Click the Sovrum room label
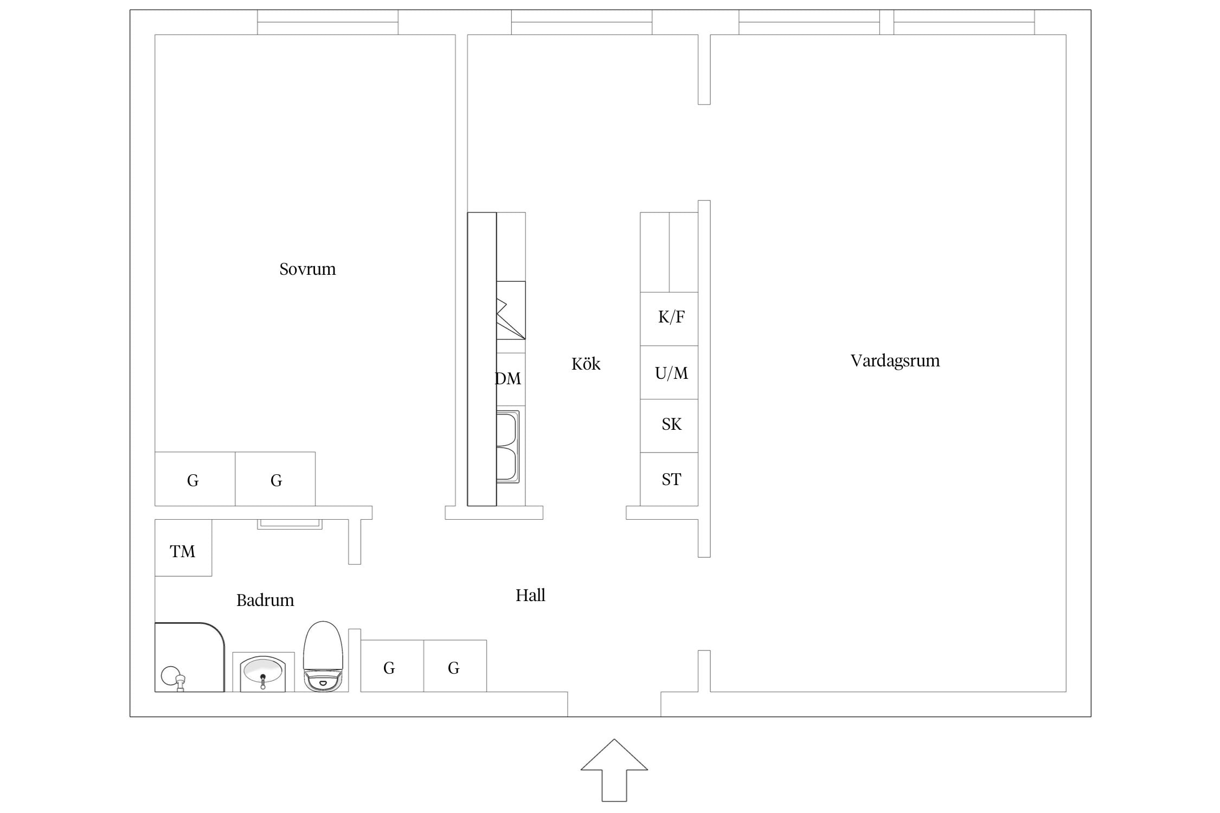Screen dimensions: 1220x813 (x=307, y=269)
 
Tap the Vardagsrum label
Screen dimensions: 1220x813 (x=895, y=361)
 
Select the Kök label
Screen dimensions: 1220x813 (x=586, y=364)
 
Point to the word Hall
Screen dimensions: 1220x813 (x=530, y=595)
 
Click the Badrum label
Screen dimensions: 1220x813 (x=265, y=600)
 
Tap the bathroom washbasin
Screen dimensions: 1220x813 (x=263, y=672)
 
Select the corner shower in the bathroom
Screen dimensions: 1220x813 (x=190, y=657)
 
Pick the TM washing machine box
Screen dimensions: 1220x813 (x=183, y=547)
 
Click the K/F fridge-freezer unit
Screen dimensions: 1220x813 (x=669, y=319)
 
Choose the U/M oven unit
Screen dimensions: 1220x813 (x=669, y=372)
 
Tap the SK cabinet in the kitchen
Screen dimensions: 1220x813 (x=669, y=426)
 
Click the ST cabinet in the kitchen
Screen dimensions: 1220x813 (x=669, y=479)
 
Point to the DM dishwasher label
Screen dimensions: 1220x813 (x=508, y=378)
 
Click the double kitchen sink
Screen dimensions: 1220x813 (x=508, y=447)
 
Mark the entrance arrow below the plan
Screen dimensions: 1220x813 (x=614, y=770)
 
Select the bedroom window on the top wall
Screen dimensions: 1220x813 (x=328, y=22)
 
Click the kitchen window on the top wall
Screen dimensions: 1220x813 (x=582, y=22)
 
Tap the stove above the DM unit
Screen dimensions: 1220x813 (x=511, y=311)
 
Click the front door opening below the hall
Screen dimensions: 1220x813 (x=614, y=704)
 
